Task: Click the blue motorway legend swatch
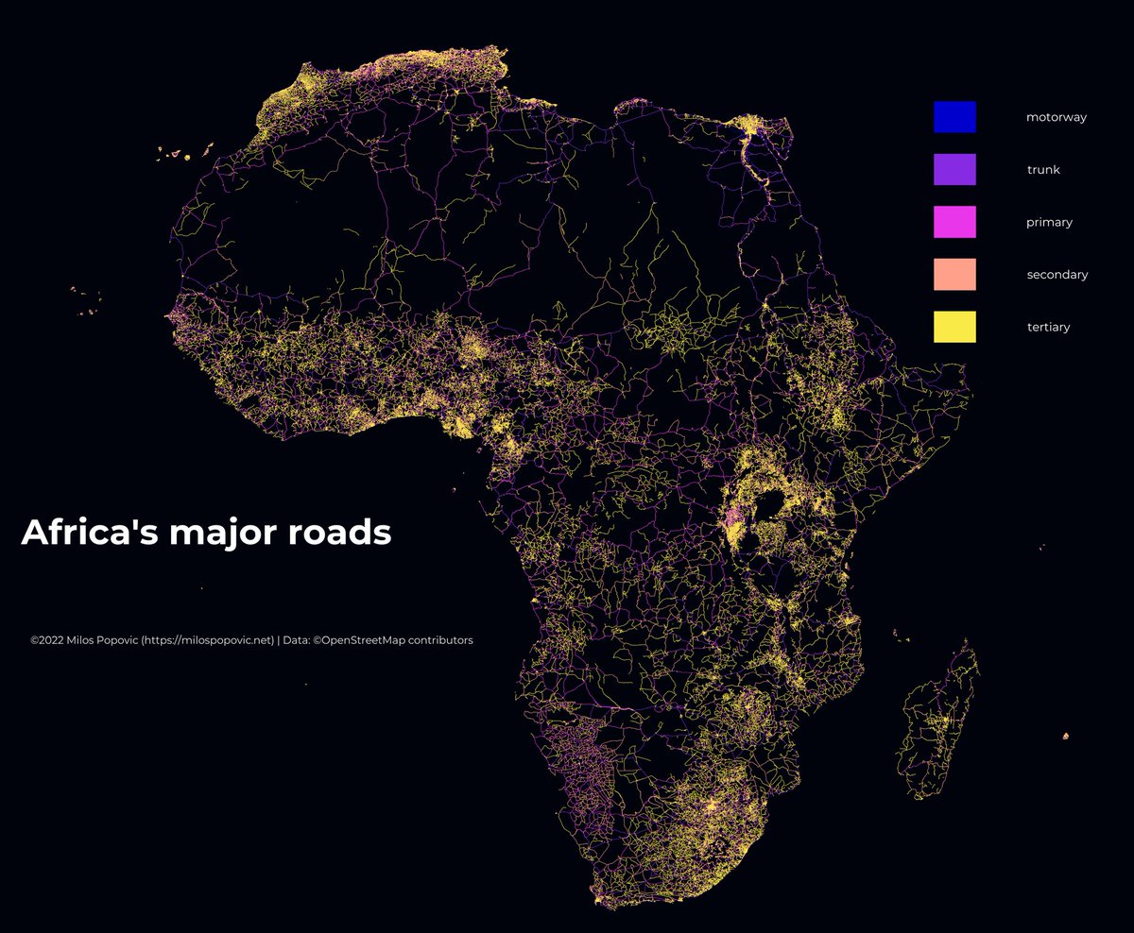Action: pos(954,117)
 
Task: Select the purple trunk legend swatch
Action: pos(954,170)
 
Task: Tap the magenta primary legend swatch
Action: pos(954,222)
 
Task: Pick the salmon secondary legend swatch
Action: pos(954,275)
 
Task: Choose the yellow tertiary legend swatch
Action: pos(954,327)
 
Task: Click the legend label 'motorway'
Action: pos(1057,118)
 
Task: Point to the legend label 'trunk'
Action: pos(1043,170)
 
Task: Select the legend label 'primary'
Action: pos(1049,223)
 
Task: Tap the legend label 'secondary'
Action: pos(1057,275)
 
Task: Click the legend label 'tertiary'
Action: pos(1048,327)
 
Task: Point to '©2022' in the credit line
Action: pos(46,640)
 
